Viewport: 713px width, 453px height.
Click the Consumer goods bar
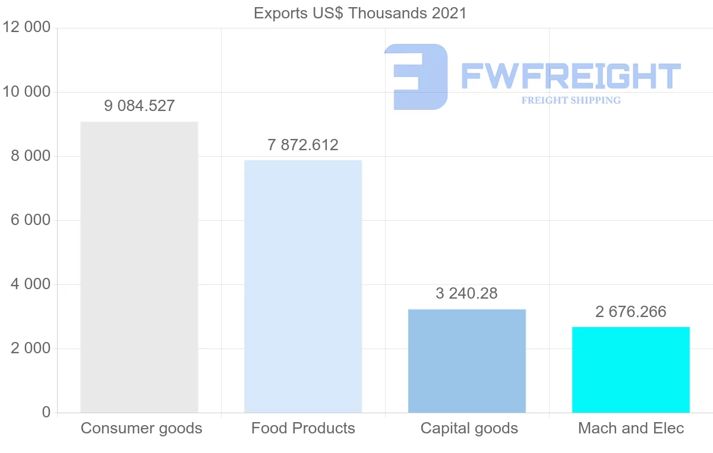pyautogui.click(x=139, y=267)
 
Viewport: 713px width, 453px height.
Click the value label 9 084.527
pyautogui.click(x=140, y=106)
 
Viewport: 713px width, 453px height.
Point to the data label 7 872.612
pyautogui.click(x=303, y=145)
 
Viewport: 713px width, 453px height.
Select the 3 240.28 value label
pyautogui.click(x=466, y=293)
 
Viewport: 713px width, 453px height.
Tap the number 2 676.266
pyautogui.click(x=631, y=312)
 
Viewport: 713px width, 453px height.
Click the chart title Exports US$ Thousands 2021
pyautogui.click(x=360, y=13)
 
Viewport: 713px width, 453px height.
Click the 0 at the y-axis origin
pyautogui.click(x=46, y=413)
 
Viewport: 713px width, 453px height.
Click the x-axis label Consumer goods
pyautogui.click(x=141, y=428)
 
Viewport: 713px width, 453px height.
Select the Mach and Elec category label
pyautogui.click(x=631, y=428)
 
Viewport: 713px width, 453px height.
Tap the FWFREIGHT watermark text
pyautogui.click(x=570, y=76)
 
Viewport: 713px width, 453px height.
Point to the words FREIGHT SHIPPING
pyautogui.click(x=571, y=100)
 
